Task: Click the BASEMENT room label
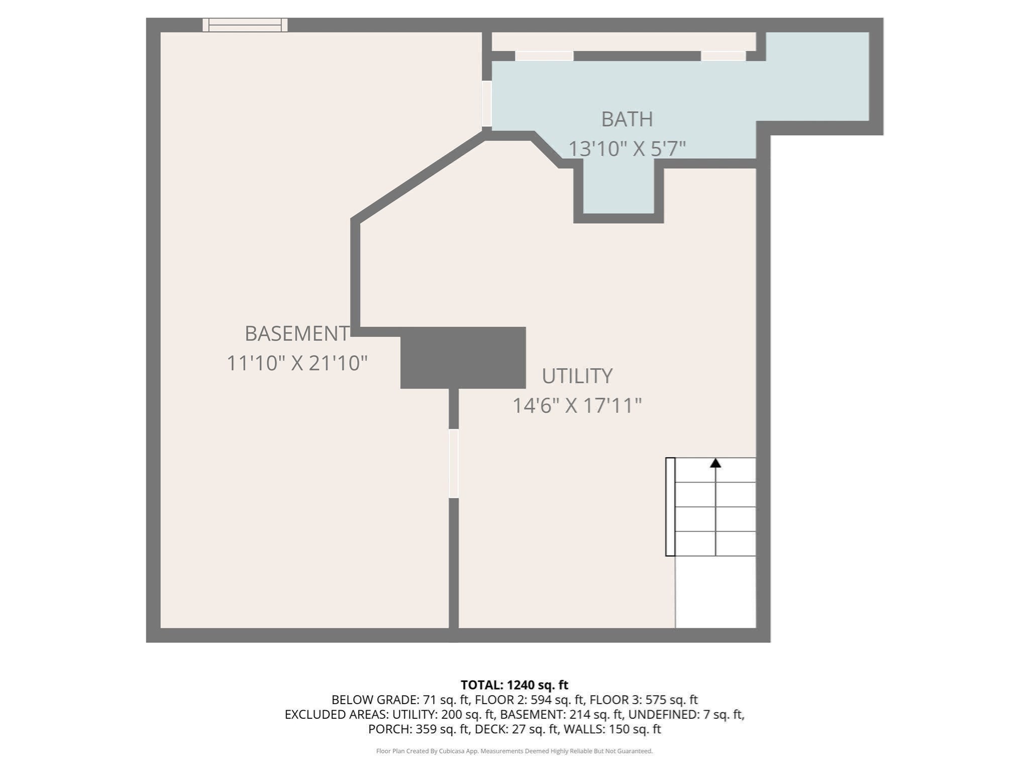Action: click(296, 334)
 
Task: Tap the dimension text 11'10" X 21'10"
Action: click(297, 363)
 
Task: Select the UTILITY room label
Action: click(577, 376)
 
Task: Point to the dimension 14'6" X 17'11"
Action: click(577, 406)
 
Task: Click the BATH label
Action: click(627, 120)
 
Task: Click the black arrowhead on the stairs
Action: click(715, 463)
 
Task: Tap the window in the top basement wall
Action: click(245, 25)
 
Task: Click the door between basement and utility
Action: click(453, 463)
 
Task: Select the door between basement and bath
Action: click(486, 104)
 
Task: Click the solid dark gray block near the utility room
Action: click(463, 358)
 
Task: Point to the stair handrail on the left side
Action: click(670, 507)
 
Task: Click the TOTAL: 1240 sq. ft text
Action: click(514, 685)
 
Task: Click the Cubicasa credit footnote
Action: click(514, 751)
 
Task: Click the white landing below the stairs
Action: click(715, 592)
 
